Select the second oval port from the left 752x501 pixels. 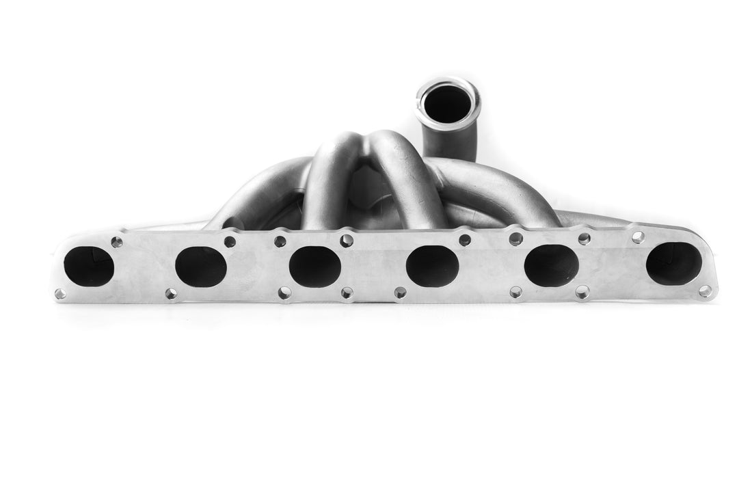200,267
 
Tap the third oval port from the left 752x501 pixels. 314,266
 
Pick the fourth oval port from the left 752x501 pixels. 432,267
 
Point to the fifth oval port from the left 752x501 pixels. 552,265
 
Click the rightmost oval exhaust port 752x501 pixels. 673,263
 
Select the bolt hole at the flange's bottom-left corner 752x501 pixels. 60,294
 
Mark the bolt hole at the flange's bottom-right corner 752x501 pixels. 705,291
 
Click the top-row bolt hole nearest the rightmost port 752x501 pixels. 638,237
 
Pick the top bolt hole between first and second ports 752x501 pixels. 117,242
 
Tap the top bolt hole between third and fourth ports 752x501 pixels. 347,240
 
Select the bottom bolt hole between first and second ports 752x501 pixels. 170,294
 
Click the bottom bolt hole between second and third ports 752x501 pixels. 284,293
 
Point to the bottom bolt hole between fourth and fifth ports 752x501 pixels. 515,292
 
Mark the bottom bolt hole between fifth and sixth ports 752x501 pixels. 582,292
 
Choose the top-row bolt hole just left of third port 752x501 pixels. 280,241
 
